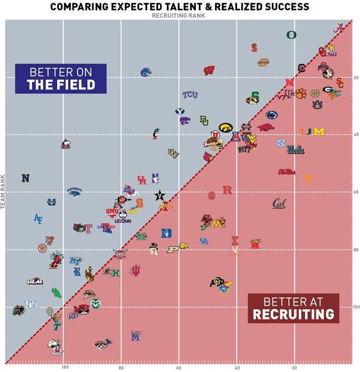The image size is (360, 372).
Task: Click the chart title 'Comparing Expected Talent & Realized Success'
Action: click(x=179, y=6)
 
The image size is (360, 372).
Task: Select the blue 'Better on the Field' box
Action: click(x=61, y=79)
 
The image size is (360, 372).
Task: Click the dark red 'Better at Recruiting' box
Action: click(x=293, y=308)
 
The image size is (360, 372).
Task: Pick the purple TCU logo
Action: click(x=190, y=95)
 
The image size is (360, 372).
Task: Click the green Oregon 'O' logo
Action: click(x=291, y=34)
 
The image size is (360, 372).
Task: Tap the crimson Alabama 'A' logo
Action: click(x=338, y=29)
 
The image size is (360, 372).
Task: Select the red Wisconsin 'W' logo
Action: click(x=209, y=71)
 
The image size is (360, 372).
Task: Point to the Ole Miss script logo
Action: click(x=286, y=171)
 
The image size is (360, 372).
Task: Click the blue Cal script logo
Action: click(x=279, y=203)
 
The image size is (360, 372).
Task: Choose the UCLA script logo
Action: click(x=295, y=150)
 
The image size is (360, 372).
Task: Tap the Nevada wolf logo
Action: click(x=74, y=192)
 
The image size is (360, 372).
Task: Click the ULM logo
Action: click(x=35, y=281)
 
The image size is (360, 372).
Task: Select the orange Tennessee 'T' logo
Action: click(x=308, y=180)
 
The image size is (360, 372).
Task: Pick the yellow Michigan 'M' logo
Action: click(x=319, y=132)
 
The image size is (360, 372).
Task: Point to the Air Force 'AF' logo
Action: click(x=38, y=218)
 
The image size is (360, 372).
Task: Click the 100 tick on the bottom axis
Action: click(x=65, y=366)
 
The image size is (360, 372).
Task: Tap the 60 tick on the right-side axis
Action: click(x=356, y=192)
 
